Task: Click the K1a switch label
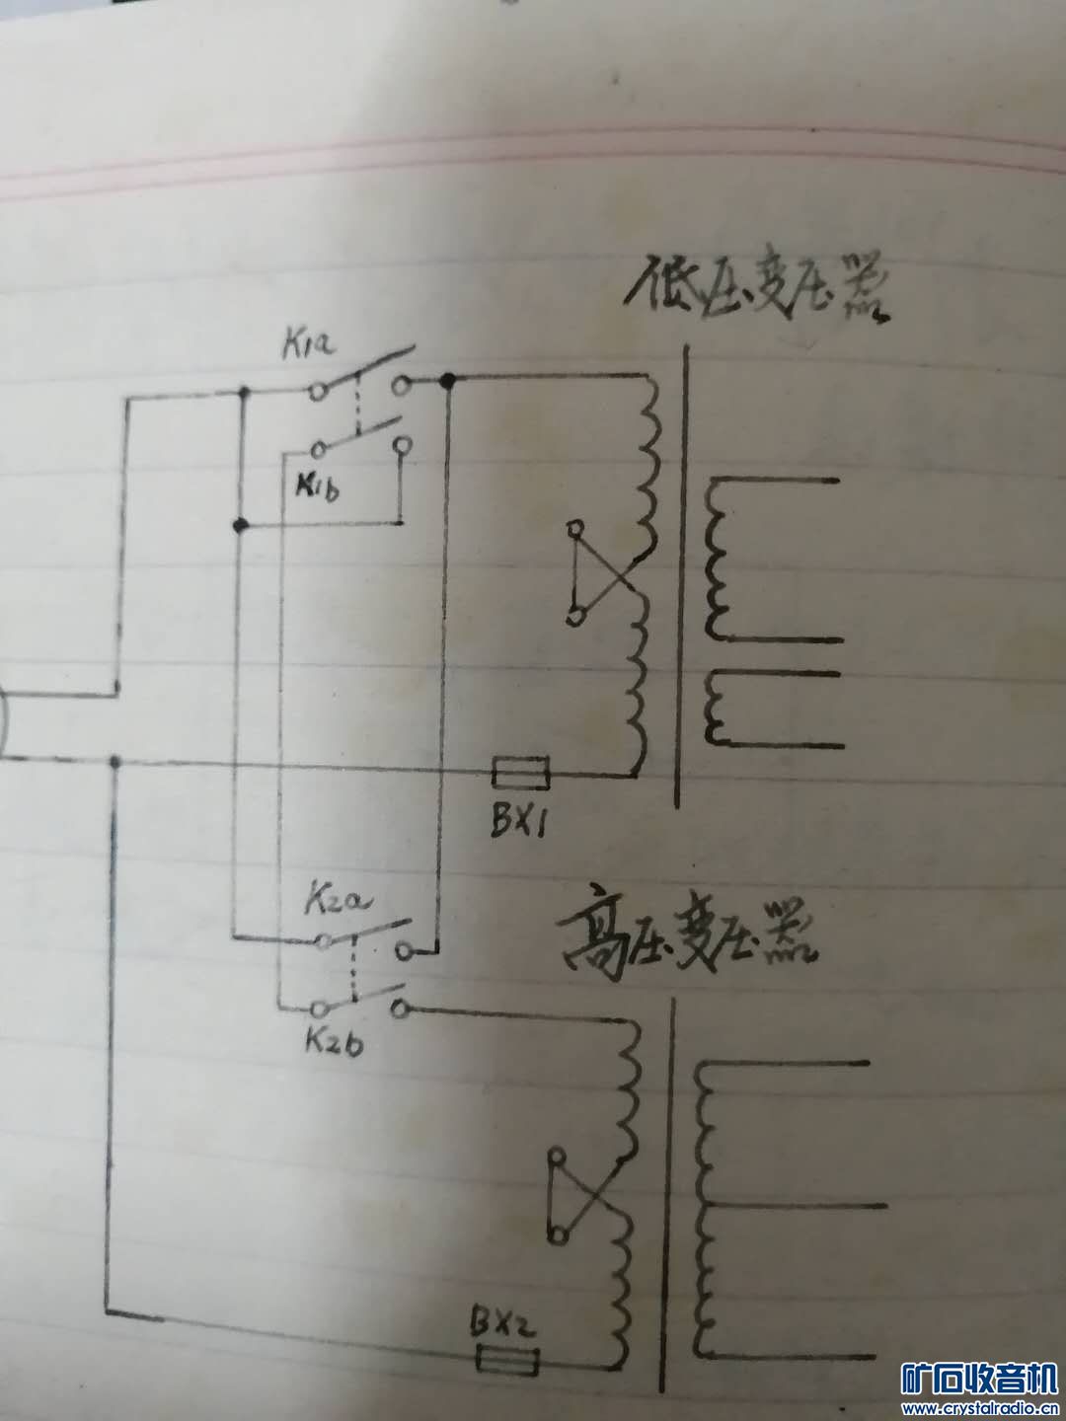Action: coord(308,346)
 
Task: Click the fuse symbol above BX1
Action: coord(521,773)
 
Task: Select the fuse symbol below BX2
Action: coord(507,1363)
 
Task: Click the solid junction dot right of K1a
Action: coord(449,381)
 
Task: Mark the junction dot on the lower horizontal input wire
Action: coord(116,763)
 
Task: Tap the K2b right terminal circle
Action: coord(399,1009)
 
